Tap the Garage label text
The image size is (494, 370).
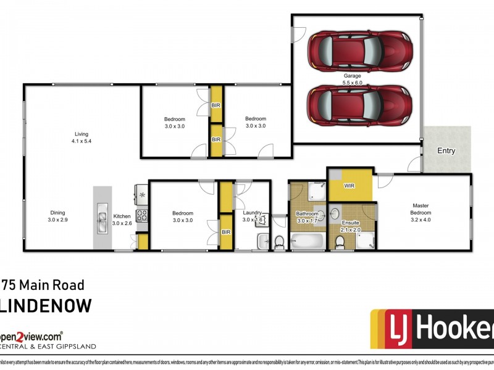(353, 76)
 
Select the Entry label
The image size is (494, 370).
(446, 151)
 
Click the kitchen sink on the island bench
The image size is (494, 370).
(101, 218)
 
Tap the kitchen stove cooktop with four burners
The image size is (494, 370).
(141, 216)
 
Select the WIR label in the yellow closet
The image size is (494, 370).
(349, 184)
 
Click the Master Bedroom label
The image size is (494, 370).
(421, 210)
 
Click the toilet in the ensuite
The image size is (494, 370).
(338, 242)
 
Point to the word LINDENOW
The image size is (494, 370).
(46, 306)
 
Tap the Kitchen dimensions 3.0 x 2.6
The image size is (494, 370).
(122, 223)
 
